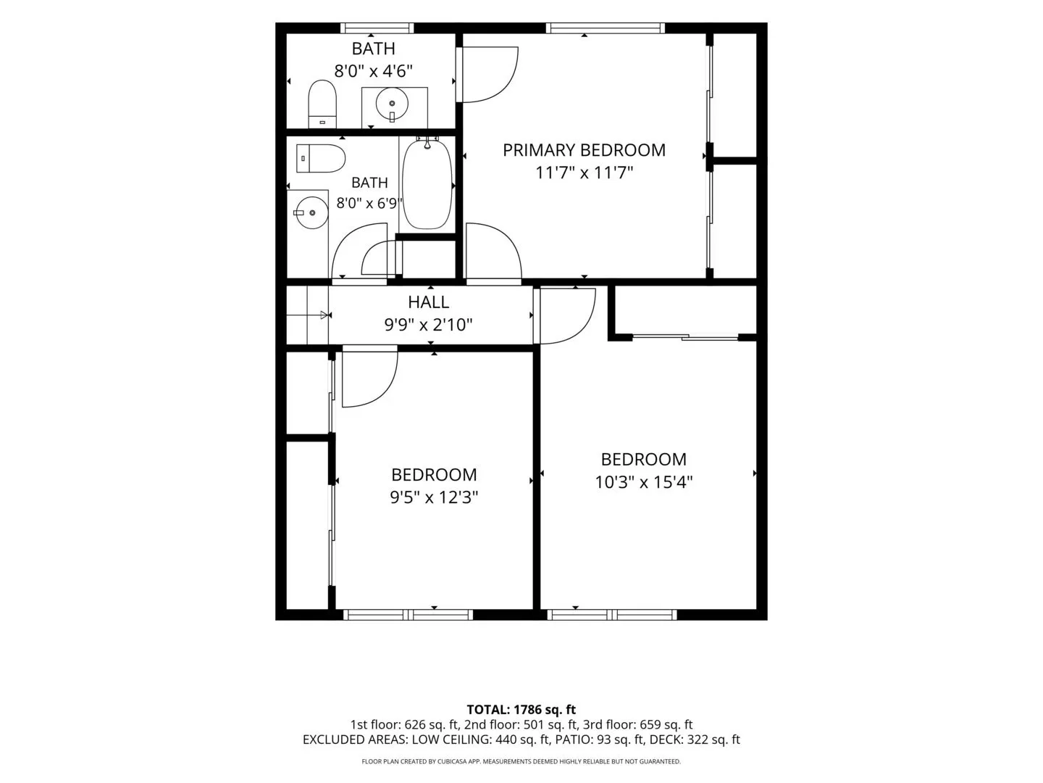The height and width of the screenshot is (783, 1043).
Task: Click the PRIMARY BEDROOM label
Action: coord(584,150)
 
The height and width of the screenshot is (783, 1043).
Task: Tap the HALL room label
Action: coord(428,302)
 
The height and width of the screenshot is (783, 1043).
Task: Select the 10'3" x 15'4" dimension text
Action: coord(643,483)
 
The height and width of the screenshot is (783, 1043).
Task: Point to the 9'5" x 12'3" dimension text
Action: coord(434,498)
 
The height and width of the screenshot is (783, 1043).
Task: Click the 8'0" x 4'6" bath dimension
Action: coord(373,71)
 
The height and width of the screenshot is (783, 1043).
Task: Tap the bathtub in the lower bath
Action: coord(427,183)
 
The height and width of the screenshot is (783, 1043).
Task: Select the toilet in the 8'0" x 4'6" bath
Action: coord(322,104)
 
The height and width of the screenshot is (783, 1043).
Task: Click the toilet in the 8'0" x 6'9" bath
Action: coord(320,158)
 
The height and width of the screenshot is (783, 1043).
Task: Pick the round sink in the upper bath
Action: coord(392,104)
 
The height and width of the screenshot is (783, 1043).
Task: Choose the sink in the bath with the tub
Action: coord(311,212)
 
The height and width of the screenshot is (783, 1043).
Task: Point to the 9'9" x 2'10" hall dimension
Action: coord(428,326)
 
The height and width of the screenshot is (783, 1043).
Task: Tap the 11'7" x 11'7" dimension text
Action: coord(584,173)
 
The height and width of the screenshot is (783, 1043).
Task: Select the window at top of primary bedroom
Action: coord(605,28)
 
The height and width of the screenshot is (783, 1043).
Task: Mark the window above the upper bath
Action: coord(377,28)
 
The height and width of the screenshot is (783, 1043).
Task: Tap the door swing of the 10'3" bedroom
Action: coord(566,316)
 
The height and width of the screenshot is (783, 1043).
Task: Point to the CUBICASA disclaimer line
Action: coord(521,761)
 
